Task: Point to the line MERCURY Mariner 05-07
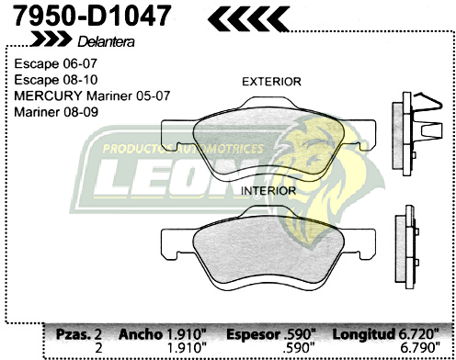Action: [82, 96]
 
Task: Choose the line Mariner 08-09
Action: [56, 111]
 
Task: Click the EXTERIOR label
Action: [270, 82]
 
